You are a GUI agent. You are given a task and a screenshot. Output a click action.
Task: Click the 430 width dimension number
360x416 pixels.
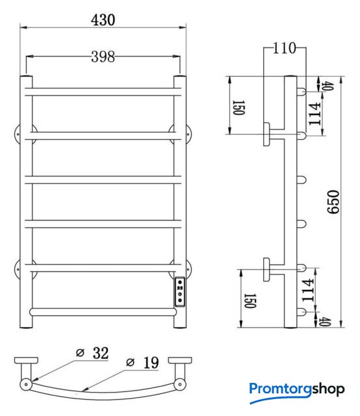tap(103, 20)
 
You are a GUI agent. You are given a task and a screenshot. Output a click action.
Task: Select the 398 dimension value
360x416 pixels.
tap(103, 57)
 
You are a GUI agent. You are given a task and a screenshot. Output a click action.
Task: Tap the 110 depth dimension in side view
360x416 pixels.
tap(284, 48)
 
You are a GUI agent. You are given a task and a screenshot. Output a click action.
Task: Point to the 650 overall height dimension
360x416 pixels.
tap(333, 201)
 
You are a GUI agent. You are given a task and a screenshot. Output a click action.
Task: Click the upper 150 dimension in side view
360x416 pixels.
tap(238, 107)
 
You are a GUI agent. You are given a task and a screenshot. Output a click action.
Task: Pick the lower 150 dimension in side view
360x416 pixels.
tap(250, 301)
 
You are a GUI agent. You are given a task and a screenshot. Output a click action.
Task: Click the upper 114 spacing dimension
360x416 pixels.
tap(315, 114)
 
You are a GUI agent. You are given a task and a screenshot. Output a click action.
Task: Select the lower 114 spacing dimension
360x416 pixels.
tap(308, 291)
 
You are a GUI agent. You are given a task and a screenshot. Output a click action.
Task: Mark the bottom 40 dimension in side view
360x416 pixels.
tap(325, 321)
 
